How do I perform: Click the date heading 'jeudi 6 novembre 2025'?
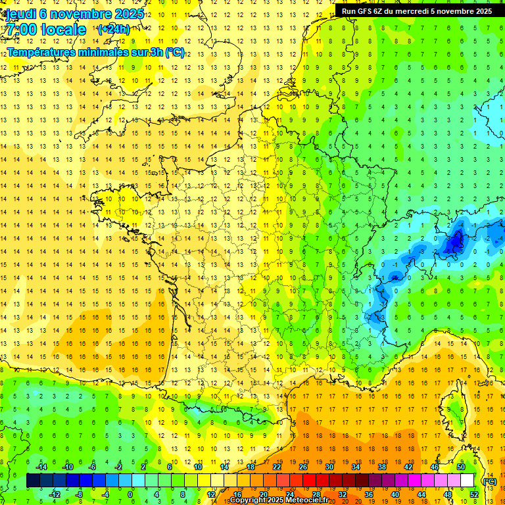point(74,14)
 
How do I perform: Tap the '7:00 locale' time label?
point(45,30)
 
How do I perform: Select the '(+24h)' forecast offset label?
point(114,29)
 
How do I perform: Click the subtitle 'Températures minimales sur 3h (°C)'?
point(96,53)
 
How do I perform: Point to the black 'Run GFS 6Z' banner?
point(416,11)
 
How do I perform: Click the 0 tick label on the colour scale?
point(130,494)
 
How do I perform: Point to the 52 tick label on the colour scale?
point(474,494)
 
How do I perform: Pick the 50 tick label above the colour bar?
point(460,468)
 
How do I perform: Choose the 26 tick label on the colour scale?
point(303,468)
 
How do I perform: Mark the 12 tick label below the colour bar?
point(212,494)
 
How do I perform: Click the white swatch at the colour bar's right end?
point(468,481)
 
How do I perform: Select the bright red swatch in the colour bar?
point(310,481)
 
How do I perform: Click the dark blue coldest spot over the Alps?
point(454,243)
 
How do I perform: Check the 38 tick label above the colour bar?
point(382,468)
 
